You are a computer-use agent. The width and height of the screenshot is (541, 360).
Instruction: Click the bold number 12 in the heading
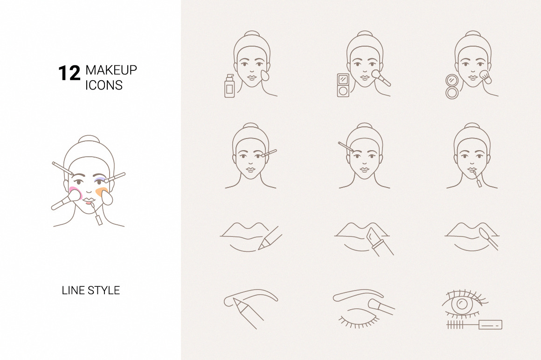tap(69, 74)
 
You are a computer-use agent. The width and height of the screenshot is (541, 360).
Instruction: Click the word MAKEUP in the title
tap(111, 70)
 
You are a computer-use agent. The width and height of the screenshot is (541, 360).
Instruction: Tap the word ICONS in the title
tap(104, 85)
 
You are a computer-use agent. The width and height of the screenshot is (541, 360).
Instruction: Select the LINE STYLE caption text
tap(91, 291)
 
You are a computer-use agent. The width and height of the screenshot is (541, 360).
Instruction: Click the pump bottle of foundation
tap(229, 86)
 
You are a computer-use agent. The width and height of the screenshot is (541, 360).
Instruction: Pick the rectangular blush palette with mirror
tap(343, 85)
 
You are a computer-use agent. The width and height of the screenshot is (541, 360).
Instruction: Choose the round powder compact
tap(452, 87)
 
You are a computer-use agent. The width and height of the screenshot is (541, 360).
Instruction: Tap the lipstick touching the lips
tap(380, 242)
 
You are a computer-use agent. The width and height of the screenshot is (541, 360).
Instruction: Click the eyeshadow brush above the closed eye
tap(381, 307)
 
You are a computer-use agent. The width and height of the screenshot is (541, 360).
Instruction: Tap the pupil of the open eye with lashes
tap(462, 304)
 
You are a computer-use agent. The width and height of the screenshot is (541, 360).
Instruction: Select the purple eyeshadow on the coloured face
tap(100, 180)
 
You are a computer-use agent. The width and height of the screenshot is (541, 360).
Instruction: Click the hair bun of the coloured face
tap(89, 138)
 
